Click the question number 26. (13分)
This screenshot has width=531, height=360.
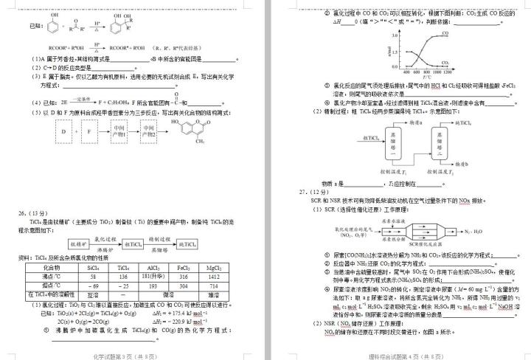[37, 213]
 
